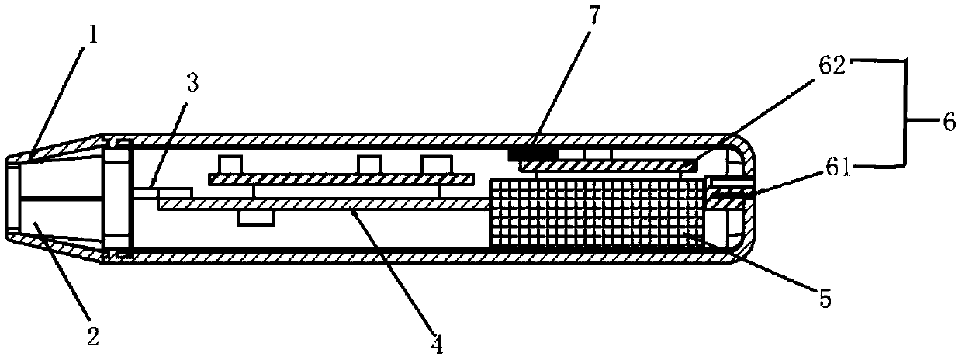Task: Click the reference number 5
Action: pyautogui.click(x=825, y=298)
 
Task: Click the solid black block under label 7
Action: pyautogui.click(x=533, y=155)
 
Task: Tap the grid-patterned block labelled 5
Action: pyautogui.click(x=597, y=212)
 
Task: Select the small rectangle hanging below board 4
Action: pyautogui.click(x=255, y=216)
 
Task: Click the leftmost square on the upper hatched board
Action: pyautogui.click(x=230, y=164)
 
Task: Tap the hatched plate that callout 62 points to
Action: pyautogui.click(x=605, y=166)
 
